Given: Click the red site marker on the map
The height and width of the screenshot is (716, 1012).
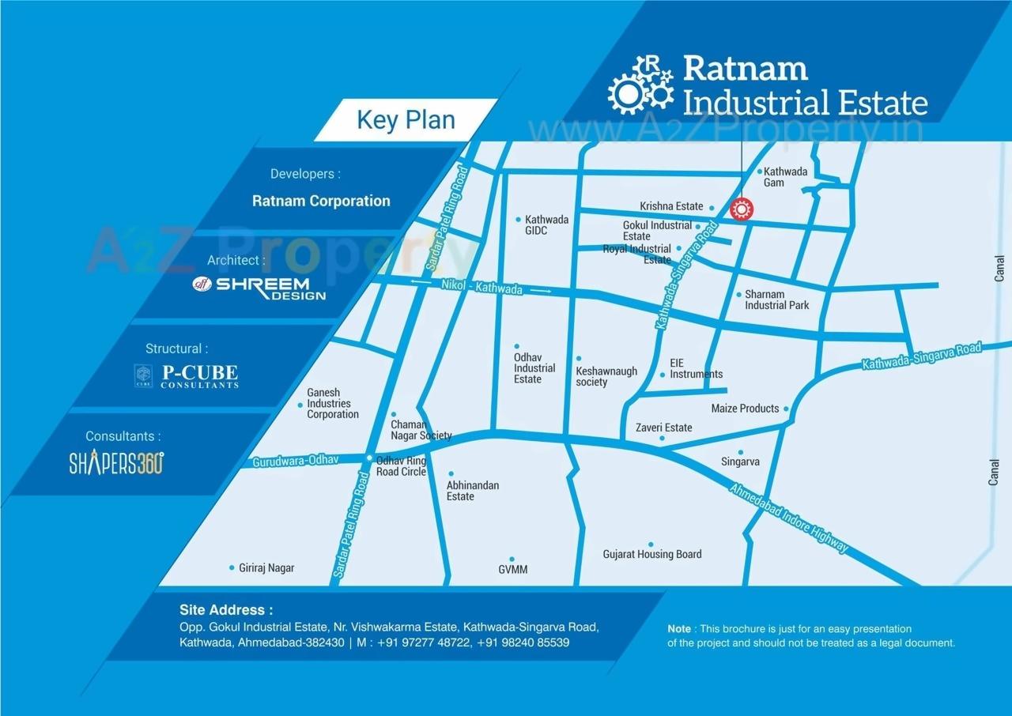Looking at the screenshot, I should tap(741, 209).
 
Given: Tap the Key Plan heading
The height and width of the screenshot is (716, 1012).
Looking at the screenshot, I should tap(406, 120).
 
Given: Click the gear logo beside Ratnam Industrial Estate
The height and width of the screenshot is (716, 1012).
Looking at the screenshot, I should tap(640, 84).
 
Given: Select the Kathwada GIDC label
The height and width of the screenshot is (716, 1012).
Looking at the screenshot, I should tap(547, 224).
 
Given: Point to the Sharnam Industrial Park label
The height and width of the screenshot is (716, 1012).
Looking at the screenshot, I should tap(776, 300).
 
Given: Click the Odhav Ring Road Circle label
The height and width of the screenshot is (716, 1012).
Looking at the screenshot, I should tap(401, 465).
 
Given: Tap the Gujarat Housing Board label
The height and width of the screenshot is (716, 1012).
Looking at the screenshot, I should tap(651, 554).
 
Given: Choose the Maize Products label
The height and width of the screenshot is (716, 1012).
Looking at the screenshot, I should tap(745, 409).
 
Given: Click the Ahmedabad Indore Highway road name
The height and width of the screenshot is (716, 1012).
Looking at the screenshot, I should tap(788, 518).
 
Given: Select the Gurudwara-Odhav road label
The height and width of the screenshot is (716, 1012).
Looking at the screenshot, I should tap(295, 461).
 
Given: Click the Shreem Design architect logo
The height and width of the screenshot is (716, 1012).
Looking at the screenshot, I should tap(261, 288).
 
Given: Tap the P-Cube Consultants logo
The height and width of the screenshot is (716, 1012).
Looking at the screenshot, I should tap(187, 376).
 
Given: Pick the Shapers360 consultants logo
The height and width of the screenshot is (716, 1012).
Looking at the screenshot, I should tap(116, 463).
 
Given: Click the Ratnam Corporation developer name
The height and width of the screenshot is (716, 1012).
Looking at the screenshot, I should tap(321, 201).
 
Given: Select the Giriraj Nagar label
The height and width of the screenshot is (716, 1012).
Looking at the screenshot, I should tap(266, 567).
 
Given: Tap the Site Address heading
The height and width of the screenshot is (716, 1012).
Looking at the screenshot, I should tap(226, 609).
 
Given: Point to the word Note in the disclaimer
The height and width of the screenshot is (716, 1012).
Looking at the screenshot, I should tap(678, 629).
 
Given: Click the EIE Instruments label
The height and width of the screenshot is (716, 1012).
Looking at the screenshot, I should tap(696, 368).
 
